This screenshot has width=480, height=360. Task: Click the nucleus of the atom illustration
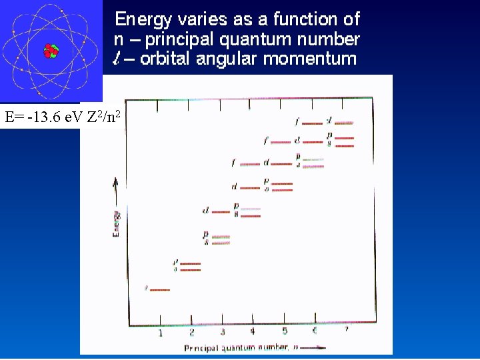[51, 51]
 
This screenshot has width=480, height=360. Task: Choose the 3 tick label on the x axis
[222, 331]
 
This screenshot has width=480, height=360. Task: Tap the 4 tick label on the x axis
[253, 331]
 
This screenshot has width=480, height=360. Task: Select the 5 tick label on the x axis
[284, 331]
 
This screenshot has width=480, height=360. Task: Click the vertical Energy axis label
[116, 223]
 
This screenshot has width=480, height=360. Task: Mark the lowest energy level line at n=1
[160, 290]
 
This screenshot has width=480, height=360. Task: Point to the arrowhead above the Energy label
[116, 181]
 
